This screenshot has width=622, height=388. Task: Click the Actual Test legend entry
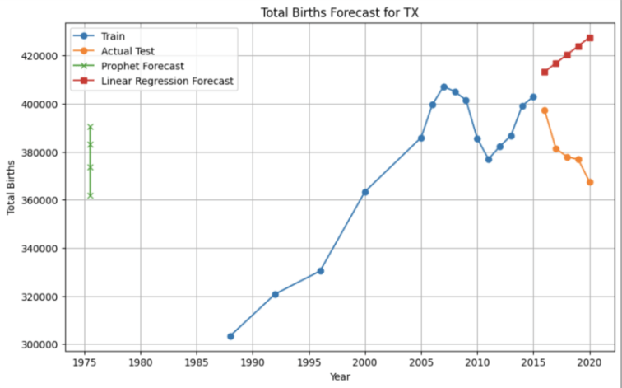click(x=128, y=51)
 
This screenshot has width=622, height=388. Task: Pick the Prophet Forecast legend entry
click(x=142, y=66)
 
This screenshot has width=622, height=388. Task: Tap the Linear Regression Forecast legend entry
click(x=167, y=81)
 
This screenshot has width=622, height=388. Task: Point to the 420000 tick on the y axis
click(x=37, y=56)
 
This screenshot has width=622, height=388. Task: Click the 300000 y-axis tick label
click(x=37, y=344)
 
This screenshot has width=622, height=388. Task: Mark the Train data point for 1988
click(x=230, y=336)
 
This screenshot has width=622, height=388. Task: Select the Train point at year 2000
click(x=365, y=192)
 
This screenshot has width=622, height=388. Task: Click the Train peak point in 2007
click(x=443, y=86)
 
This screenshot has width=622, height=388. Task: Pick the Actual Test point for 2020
click(x=590, y=182)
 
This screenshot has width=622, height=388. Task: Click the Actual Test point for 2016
click(x=545, y=110)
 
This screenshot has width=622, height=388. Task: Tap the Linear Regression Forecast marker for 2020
click(x=590, y=38)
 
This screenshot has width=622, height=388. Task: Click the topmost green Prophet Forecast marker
click(x=90, y=127)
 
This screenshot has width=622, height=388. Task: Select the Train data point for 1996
click(x=320, y=271)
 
